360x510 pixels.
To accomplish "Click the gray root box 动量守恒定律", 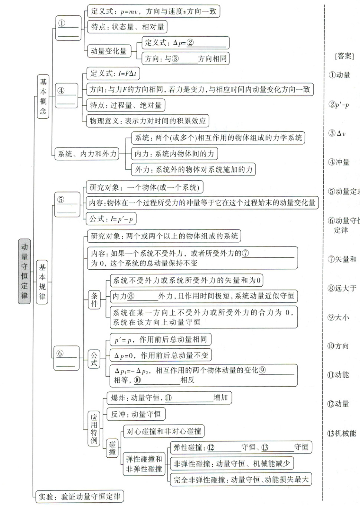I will (x=24, y=271).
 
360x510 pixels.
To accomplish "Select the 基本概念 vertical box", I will (x=43, y=96).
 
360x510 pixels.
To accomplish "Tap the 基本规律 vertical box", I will (x=42, y=282).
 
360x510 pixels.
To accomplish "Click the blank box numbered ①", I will (x=68, y=28).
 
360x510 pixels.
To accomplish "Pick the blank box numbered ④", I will (x=67, y=95).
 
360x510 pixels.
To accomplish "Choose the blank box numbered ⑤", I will (x=67, y=204).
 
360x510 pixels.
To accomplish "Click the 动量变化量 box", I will (x=108, y=51).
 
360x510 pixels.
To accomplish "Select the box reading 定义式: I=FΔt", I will (x=113, y=73).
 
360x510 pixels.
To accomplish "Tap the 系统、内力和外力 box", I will (x=87, y=154).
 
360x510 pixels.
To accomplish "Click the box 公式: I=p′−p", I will (x=111, y=219).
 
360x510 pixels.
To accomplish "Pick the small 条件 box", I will (x=94, y=300).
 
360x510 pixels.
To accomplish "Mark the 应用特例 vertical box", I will (x=94, y=429).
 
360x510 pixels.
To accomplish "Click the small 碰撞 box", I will (x=112, y=448).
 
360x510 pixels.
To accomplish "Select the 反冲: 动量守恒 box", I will (x=135, y=414).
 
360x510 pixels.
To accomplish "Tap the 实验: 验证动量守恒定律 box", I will (x=80, y=496).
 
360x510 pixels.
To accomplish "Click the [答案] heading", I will (x=344, y=56).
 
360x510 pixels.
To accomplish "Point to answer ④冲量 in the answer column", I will (x=339, y=162).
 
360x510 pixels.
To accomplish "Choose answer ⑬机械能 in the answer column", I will (x=341, y=433).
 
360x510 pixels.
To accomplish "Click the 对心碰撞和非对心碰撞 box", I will (x=164, y=431).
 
